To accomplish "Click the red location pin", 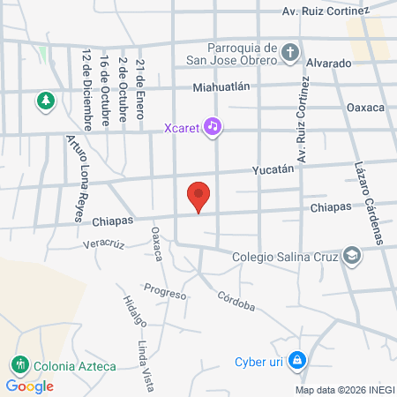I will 199,195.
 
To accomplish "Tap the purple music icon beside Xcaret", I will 212,126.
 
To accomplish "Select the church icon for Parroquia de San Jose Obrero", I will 290,53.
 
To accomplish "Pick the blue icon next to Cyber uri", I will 298,361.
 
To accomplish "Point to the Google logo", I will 29,386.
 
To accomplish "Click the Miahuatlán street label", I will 222,86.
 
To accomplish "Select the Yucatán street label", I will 273,169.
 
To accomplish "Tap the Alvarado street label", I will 329,64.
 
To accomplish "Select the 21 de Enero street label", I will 140,82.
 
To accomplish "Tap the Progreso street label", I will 165,291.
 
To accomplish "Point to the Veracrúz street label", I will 101,243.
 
